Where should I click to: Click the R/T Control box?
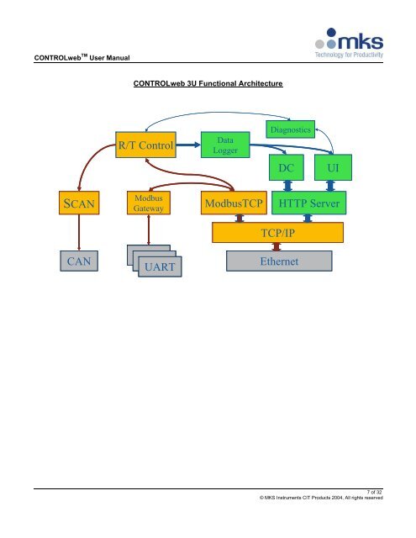146,146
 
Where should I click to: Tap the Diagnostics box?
290,129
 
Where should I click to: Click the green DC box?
287,167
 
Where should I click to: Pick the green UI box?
333,167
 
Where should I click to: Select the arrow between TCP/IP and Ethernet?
276,246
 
